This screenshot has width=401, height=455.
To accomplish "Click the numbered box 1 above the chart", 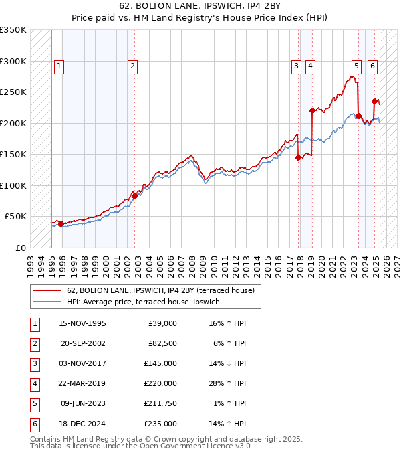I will click(x=59, y=66).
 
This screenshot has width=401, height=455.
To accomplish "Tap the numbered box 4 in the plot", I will click(x=311, y=66).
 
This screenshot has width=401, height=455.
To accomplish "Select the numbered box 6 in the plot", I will click(x=372, y=66).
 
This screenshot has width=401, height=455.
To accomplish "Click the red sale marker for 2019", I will click(x=312, y=110).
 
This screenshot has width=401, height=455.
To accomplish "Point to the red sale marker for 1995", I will click(x=61, y=223).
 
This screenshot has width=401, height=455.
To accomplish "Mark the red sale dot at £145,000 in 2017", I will click(x=298, y=157).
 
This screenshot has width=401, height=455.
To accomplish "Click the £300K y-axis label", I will click(x=13, y=61).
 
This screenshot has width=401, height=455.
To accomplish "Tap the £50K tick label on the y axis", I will click(x=16, y=217).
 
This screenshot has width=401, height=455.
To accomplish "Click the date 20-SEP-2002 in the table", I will click(x=82, y=343).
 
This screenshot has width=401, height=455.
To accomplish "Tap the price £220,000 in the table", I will click(x=160, y=383).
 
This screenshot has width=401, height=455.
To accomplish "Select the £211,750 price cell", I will click(x=160, y=403).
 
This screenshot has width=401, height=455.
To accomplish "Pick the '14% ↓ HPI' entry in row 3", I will click(x=228, y=363).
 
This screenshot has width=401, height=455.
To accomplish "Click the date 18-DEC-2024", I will click(x=82, y=424).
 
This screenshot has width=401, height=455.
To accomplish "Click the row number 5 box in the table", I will click(x=34, y=403).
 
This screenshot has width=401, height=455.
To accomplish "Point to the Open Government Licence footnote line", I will click(x=142, y=446).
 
